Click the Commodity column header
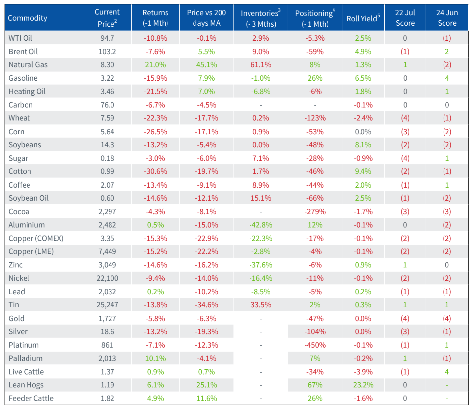coord(28,18)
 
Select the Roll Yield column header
coord(363,18)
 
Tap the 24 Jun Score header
coord(447,18)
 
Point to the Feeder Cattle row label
coord(31,398)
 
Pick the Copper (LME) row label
coord(31,251)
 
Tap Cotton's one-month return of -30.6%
coord(155,171)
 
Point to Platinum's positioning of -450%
coord(314,345)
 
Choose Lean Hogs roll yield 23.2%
coord(363,385)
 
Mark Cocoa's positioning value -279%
coord(314,212)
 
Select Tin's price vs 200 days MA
coord(206,305)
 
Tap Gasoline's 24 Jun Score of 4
coord(447,78)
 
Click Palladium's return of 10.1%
coord(155,358)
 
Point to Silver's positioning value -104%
coord(314,331)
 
